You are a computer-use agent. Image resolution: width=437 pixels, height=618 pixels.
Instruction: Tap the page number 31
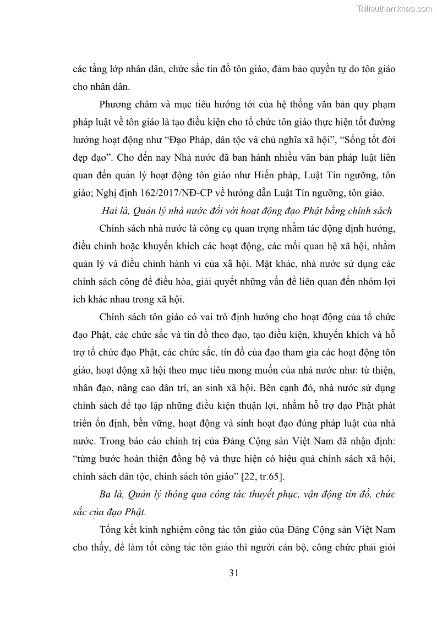click(x=233, y=573)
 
